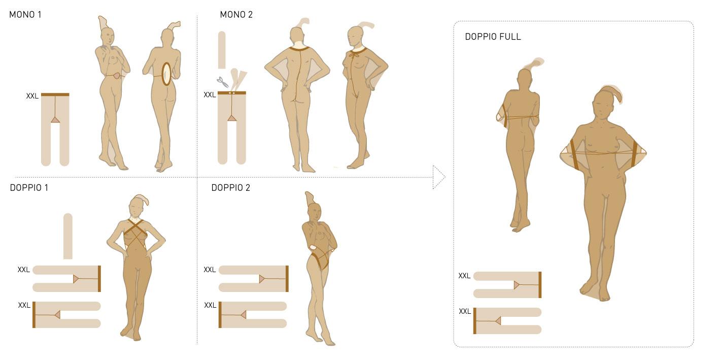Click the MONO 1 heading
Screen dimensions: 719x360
[x=25, y=15]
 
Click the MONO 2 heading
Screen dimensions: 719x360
[x=236, y=15]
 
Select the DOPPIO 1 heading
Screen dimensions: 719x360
[x=29, y=188]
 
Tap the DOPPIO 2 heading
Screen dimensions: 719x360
[x=230, y=188]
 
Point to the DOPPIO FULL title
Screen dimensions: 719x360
[x=493, y=37]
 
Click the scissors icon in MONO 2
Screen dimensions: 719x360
[x=222, y=82]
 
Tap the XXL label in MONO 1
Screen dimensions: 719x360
[x=32, y=96]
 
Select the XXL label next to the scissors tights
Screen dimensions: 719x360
[x=210, y=95]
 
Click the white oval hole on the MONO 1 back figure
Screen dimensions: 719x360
[x=166, y=74]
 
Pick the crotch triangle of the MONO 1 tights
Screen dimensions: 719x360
[x=55, y=120]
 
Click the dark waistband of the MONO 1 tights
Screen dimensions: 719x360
[x=55, y=94]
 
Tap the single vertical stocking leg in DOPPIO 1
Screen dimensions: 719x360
[x=67, y=236]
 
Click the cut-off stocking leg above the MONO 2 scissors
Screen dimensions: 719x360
[x=222, y=50]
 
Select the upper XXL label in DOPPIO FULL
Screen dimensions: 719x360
[x=464, y=276]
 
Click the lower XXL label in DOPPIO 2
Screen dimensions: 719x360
[x=210, y=305]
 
